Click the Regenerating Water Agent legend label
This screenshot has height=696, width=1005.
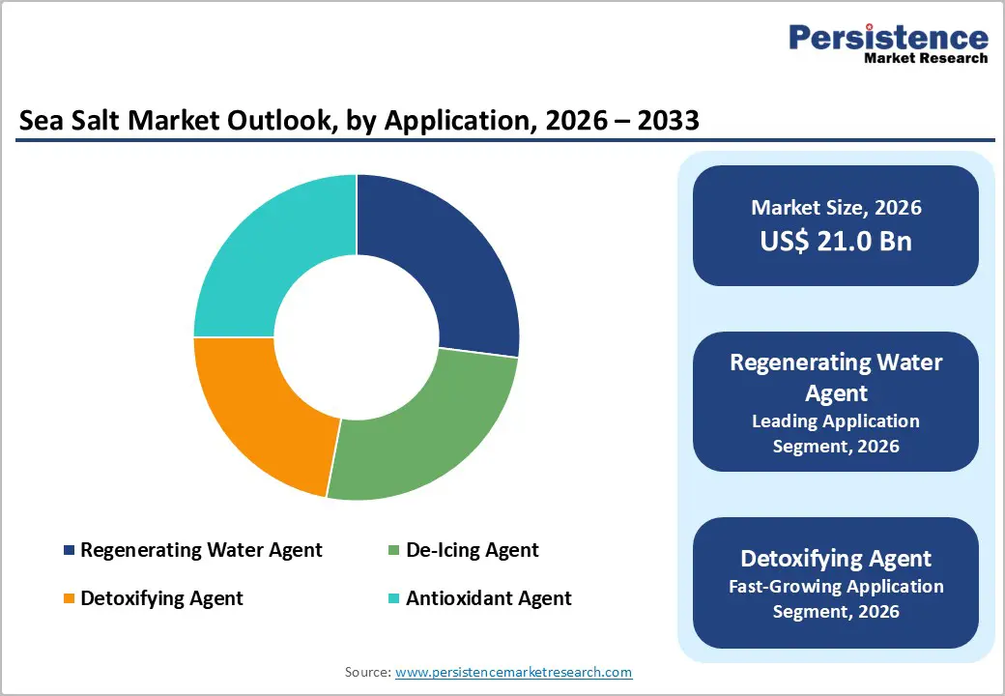point(201,550)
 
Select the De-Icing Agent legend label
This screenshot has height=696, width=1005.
point(472,550)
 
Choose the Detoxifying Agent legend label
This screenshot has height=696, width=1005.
point(161,598)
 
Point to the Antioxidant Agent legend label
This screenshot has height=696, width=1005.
point(488,598)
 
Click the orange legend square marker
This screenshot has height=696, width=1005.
point(69,598)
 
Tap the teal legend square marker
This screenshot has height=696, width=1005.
point(393,598)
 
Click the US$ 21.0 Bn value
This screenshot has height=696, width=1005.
point(836,241)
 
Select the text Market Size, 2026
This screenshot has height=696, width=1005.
point(836,207)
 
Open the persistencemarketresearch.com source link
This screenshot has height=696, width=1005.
point(513,672)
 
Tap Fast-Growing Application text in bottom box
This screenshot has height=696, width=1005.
point(836,586)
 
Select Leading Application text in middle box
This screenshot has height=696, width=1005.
point(836,420)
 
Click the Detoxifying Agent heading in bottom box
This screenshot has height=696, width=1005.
point(836,558)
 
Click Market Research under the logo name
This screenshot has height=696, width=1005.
point(925,58)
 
